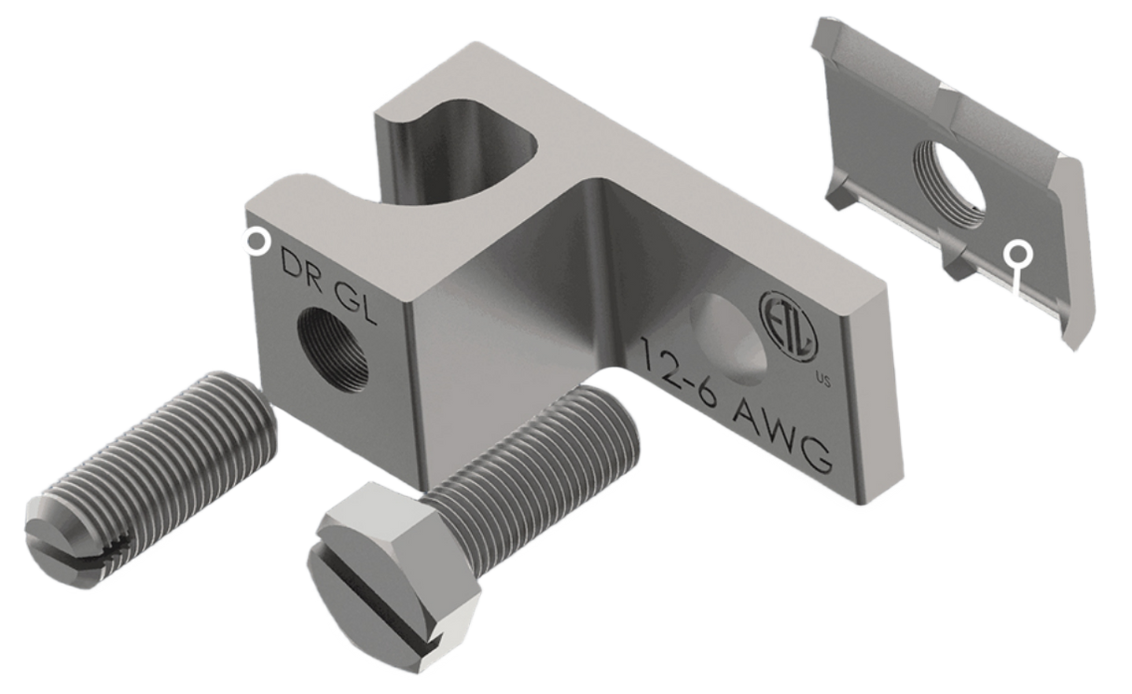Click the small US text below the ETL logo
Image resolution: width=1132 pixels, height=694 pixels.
point(821,378)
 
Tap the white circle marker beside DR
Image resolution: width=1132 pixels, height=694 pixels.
point(254,242)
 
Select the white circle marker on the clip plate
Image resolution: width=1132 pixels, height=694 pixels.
point(1017,252)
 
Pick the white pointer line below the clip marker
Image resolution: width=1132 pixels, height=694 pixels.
point(1015,284)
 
